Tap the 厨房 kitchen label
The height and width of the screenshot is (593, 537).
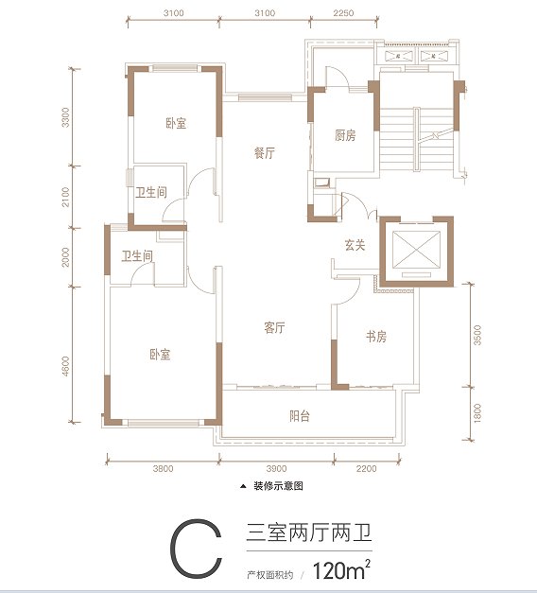pos(345,136)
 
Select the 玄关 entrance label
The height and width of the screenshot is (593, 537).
pos(354,245)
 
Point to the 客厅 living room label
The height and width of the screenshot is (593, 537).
pos(274,328)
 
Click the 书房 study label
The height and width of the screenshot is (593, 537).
pos(375,337)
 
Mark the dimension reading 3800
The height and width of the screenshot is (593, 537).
pos(162,468)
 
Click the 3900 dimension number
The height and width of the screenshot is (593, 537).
pos(276,468)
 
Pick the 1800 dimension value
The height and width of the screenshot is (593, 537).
pos(478,413)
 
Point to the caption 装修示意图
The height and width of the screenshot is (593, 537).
pos(277,488)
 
